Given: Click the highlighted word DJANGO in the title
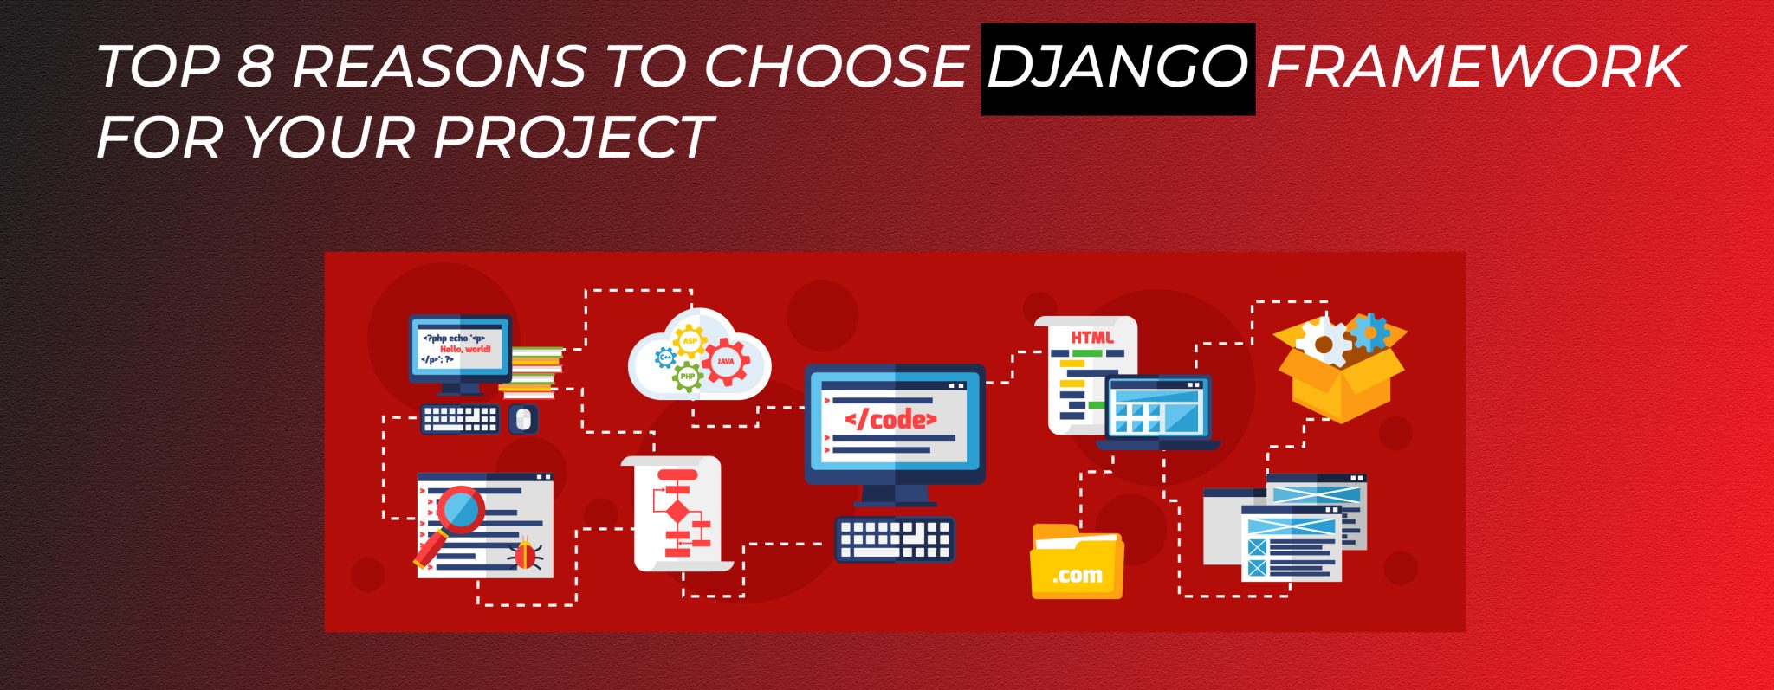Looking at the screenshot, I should pyautogui.click(x=1117, y=68).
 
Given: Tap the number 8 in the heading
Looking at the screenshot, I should pyautogui.click(x=255, y=68).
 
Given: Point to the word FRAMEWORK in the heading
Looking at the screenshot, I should pyautogui.click(x=1475, y=68).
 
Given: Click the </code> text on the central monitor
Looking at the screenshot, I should pyautogui.click(x=890, y=420).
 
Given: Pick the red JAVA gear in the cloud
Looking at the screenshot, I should pyautogui.click(x=725, y=361).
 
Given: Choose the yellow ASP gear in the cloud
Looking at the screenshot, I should pyautogui.click(x=690, y=340).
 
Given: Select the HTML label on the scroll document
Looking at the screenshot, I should pyautogui.click(x=1091, y=337).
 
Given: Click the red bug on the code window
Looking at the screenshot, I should pyautogui.click(x=526, y=554).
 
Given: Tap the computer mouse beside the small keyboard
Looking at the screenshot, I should pyautogui.click(x=522, y=419).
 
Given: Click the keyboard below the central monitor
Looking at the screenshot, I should pyautogui.click(x=895, y=538).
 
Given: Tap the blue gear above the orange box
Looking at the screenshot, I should pyautogui.click(x=1369, y=332).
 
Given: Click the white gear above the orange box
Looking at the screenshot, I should pyautogui.click(x=1323, y=344).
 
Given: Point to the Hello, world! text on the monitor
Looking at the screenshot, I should pyautogui.click(x=465, y=349).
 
